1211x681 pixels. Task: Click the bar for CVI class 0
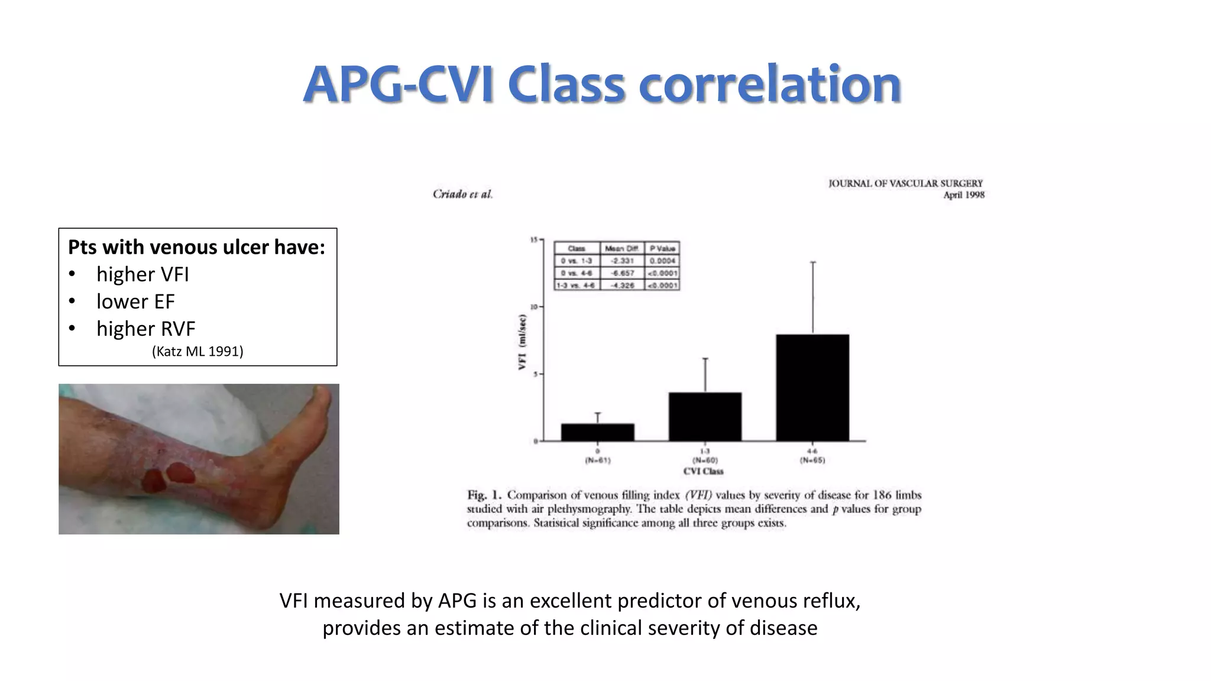coord(597,432)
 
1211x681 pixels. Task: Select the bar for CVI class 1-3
coord(705,417)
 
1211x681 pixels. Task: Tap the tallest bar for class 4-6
coord(812,388)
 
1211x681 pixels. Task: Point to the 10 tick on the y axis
coord(534,307)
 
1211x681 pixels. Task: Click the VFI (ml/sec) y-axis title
coord(522,342)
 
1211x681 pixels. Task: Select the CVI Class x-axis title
coord(703,471)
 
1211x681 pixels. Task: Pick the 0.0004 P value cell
coord(662,261)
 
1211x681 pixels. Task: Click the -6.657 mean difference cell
coord(622,273)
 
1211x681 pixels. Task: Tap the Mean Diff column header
coord(622,248)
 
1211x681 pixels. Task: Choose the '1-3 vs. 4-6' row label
coord(577,286)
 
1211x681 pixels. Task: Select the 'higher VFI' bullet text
coord(143,274)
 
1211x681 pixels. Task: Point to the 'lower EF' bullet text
coord(135,301)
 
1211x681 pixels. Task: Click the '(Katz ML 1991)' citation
coord(197,352)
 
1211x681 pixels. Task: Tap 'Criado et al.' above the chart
coord(462,194)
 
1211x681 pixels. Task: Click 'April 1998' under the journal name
coord(963,195)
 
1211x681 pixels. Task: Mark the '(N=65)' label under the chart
coord(812,460)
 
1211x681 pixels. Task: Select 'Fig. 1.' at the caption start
coord(484,495)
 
